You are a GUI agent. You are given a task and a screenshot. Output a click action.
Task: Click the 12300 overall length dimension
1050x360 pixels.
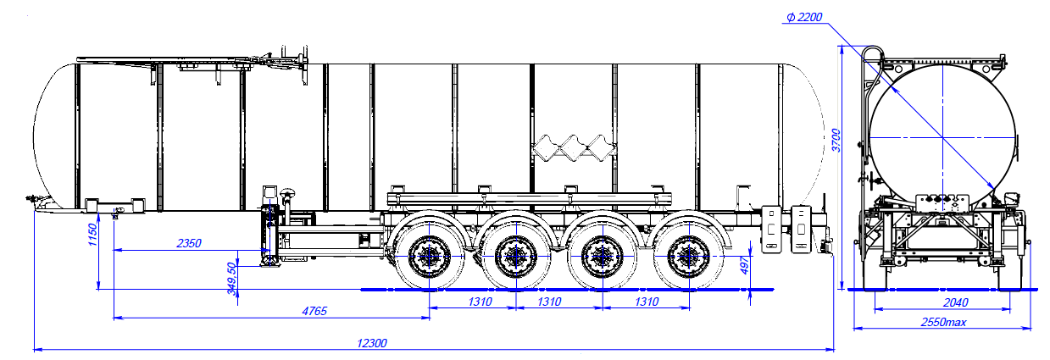(x=372, y=343)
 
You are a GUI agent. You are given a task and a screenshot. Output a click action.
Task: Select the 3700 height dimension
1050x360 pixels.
(x=836, y=140)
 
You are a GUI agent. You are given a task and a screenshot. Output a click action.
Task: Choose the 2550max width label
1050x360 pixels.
(x=942, y=322)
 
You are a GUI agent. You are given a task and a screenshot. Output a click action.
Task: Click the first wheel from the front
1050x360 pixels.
(x=429, y=253)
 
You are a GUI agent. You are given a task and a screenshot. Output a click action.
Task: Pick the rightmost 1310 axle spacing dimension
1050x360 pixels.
(x=647, y=302)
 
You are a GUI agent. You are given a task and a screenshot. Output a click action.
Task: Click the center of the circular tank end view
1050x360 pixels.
(x=942, y=137)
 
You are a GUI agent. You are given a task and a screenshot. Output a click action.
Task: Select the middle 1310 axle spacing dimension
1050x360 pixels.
(x=558, y=302)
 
